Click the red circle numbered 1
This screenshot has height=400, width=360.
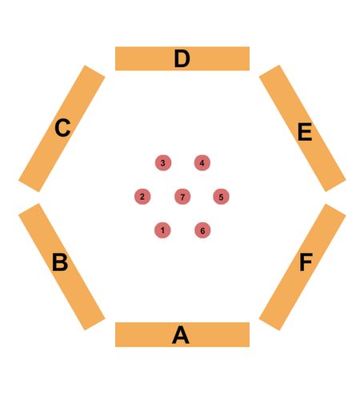click(162, 230)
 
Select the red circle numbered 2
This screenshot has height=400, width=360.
click(142, 197)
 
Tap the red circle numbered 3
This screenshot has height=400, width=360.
click(163, 162)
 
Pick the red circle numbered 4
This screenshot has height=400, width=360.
click(202, 162)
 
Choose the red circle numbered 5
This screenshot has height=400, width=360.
click(221, 197)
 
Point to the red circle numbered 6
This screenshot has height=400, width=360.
click(202, 230)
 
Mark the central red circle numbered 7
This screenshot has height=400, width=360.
click(182, 197)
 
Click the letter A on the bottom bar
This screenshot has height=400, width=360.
click(181, 334)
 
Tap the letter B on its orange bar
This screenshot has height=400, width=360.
click(60, 262)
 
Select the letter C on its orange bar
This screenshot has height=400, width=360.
click(62, 128)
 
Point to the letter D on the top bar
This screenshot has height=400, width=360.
click(182, 58)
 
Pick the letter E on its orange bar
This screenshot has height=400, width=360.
click(305, 132)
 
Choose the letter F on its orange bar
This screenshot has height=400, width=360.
click(306, 262)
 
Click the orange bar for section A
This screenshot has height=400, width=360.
click(182, 334)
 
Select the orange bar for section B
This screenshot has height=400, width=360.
click(62, 267)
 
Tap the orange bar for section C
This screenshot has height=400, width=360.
click(62, 128)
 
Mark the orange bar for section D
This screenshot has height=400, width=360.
click(182, 58)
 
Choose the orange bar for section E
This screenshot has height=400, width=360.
click(302, 128)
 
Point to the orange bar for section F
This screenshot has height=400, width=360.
click(302, 267)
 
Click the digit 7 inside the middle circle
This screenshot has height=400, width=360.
click(182, 197)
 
